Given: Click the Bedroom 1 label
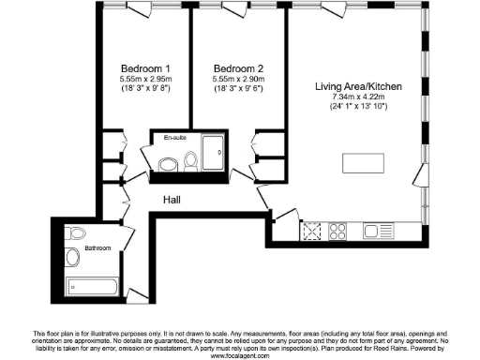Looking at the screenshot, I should [x=144, y=68].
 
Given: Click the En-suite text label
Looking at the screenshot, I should [x=174, y=139].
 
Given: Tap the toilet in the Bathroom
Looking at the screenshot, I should [x=77, y=232].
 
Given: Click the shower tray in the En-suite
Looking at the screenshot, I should [x=213, y=151].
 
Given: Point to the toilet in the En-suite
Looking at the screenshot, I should [x=190, y=162].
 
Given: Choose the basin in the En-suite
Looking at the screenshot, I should [x=167, y=165].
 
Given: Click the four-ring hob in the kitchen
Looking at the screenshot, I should [x=338, y=230].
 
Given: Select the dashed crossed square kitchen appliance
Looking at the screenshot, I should [x=312, y=230].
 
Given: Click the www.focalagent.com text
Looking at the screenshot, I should [x=240, y=356].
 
